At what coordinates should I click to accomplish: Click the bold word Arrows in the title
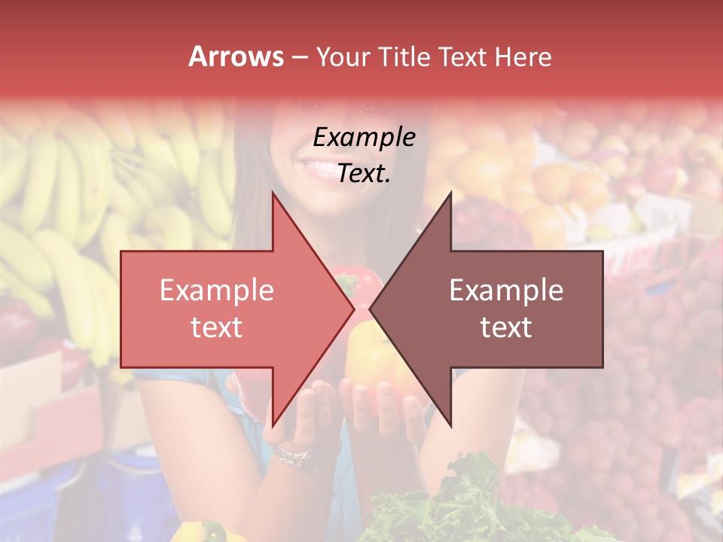236,56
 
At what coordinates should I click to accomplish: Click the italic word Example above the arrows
364,138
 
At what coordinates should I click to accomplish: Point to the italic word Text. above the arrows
364,174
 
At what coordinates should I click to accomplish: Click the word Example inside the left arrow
216,291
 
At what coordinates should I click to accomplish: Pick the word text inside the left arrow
216,327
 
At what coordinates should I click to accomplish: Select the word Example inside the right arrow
506,291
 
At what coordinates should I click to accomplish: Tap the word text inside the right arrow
506,327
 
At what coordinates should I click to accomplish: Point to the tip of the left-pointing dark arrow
371,309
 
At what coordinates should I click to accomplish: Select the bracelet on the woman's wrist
294,455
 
